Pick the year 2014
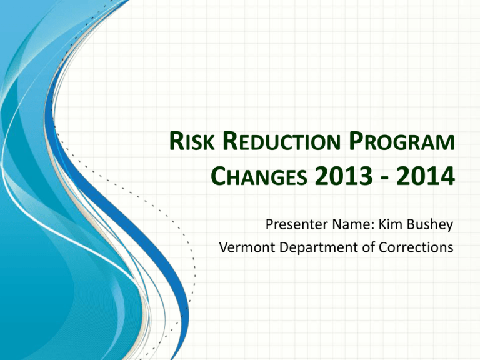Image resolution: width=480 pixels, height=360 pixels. [425, 181]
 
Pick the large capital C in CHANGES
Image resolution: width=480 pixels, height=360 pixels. [214, 181]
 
